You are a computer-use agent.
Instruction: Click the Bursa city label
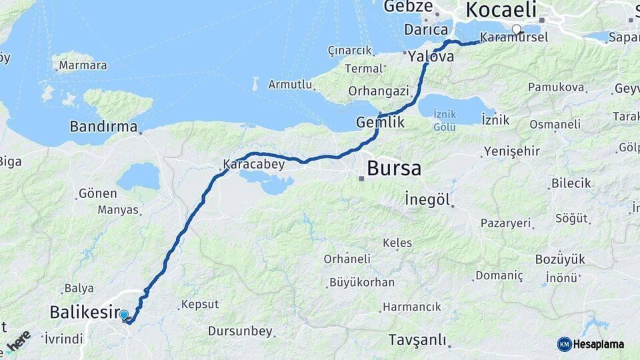tap(393, 168)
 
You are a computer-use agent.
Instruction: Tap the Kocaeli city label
tap(501, 10)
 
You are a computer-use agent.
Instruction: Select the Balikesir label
tap(84, 311)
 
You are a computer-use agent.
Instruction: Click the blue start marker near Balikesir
tap(124, 315)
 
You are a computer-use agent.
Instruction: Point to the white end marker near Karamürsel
tap(517, 29)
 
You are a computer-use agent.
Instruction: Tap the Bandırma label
tap(103, 126)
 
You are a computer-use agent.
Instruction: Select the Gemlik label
tap(380, 123)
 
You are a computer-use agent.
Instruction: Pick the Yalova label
tap(431, 56)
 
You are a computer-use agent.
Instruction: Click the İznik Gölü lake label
tap(445, 121)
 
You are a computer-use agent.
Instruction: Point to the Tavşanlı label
tap(417, 340)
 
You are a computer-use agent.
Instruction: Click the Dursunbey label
tap(240, 331)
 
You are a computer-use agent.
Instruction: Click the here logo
tap(19, 340)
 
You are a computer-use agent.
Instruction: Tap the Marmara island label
tap(83, 65)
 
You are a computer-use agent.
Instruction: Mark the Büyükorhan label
tap(362, 282)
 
